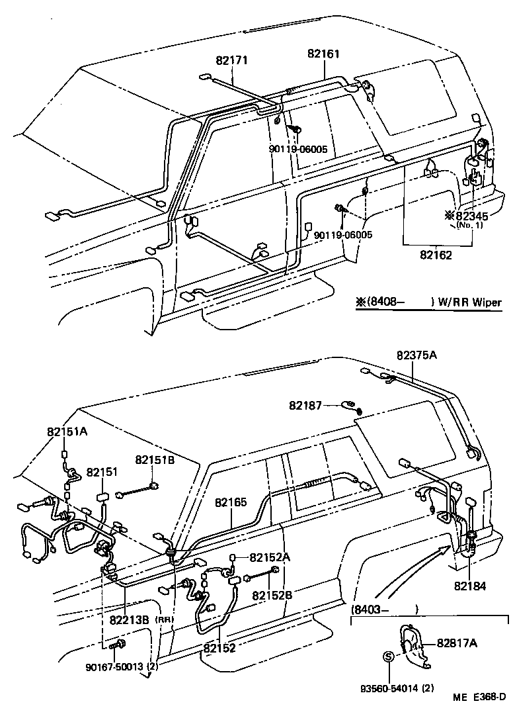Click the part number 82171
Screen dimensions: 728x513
[x=231, y=60]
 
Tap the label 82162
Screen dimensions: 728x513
[x=436, y=255]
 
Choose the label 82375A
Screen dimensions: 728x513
[x=417, y=356]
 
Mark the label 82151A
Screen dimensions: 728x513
[x=67, y=431]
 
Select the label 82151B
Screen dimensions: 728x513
[x=155, y=459]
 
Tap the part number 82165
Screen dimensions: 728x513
[x=231, y=502]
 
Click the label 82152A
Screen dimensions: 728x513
[x=269, y=557]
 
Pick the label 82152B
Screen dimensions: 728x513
[x=272, y=594]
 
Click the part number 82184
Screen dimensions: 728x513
[x=470, y=585]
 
